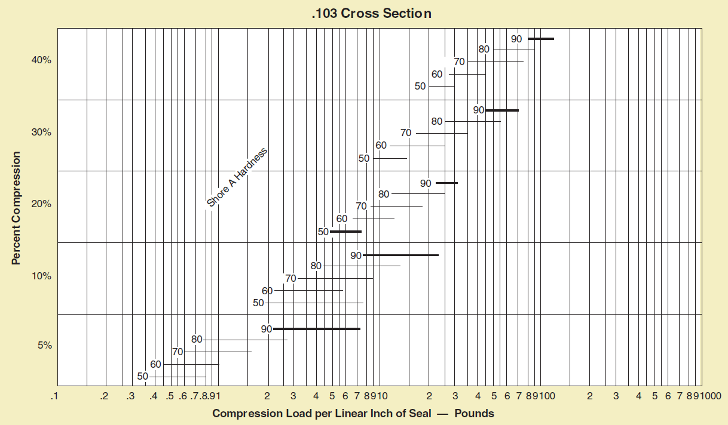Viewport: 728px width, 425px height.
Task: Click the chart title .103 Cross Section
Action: pyautogui.click(x=371, y=13)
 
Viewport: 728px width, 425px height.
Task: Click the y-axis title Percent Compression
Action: pyautogui.click(x=16, y=208)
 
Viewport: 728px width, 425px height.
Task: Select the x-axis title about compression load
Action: pyautogui.click(x=353, y=413)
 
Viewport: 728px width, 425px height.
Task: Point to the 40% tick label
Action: pyautogui.click(x=42, y=60)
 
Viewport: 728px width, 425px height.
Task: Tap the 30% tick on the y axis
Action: pyautogui.click(x=42, y=132)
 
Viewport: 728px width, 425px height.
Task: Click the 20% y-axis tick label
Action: pyautogui.click(x=42, y=204)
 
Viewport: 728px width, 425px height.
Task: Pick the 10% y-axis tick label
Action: pyautogui.click(x=42, y=276)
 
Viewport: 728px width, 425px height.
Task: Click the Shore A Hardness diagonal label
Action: pyautogui.click(x=237, y=177)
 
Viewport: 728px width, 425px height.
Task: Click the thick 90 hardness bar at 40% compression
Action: pyautogui.click(x=540, y=39)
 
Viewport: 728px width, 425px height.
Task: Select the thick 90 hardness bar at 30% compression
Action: pyautogui.click(x=501, y=110)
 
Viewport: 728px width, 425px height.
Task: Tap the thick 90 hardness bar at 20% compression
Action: pyautogui.click(x=446, y=183)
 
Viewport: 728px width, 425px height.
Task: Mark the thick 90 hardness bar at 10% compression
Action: pyautogui.click(x=400, y=255)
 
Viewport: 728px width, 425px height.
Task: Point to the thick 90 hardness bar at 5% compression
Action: pyautogui.click(x=317, y=329)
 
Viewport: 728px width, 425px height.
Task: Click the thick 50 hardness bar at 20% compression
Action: pyautogui.click(x=345, y=231)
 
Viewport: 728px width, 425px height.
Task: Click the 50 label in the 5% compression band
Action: pyautogui.click(x=142, y=377)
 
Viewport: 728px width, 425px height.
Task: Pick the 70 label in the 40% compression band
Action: pyautogui.click(x=459, y=61)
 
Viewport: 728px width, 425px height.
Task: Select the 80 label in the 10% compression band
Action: pyautogui.click(x=316, y=266)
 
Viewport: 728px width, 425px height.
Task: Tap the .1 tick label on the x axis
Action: pyautogui.click(x=55, y=396)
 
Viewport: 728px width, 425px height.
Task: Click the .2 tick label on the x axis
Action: pyautogui.click(x=104, y=396)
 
